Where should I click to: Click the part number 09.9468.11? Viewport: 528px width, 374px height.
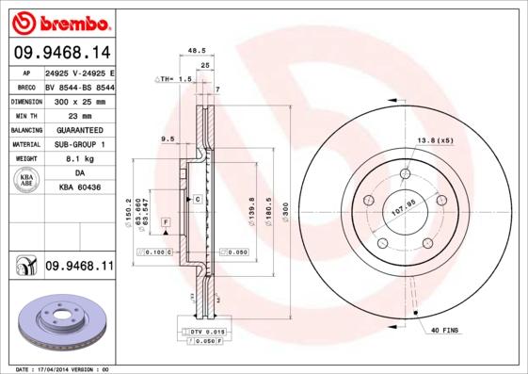pyautogui.click(x=79, y=268)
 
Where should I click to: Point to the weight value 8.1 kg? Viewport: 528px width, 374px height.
pyautogui.click(x=79, y=159)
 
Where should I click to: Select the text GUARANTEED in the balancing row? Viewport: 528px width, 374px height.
pyautogui.click(x=79, y=129)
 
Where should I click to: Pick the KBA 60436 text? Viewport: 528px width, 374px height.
pyautogui.click(x=79, y=188)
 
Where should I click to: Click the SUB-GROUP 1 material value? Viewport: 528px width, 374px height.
pyautogui.click(x=79, y=144)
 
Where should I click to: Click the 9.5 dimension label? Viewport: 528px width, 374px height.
pyautogui.click(x=168, y=139)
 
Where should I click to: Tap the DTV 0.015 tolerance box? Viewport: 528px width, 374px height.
pyautogui.click(x=201, y=333)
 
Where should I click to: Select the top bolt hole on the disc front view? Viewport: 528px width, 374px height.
pyautogui.click(x=405, y=173)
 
